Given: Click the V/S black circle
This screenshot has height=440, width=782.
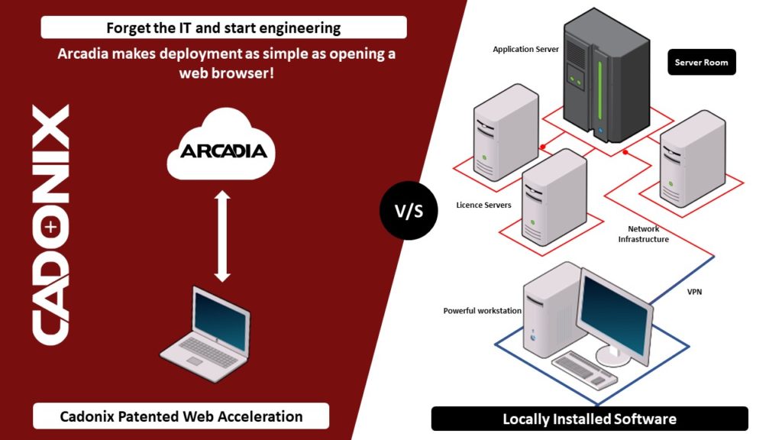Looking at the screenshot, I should tap(409, 211).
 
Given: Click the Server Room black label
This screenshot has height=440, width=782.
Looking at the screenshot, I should tap(702, 62).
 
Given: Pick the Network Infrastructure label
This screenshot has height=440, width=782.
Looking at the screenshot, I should tap(643, 234).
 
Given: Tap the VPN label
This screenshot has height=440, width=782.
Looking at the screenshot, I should tap(694, 292).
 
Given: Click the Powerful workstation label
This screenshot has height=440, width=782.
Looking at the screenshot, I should tap(482, 311).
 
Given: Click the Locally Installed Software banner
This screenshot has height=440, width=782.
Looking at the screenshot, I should tap(589, 419).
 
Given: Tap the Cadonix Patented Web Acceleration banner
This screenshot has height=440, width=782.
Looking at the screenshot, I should tap(181, 416).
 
